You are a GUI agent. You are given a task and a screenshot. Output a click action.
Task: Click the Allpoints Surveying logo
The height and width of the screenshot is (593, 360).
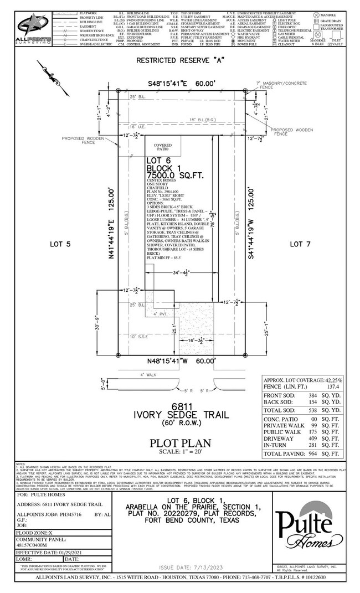click(x=33, y=27)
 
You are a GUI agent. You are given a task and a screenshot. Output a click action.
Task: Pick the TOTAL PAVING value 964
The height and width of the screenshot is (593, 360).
click(x=316, y=453)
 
